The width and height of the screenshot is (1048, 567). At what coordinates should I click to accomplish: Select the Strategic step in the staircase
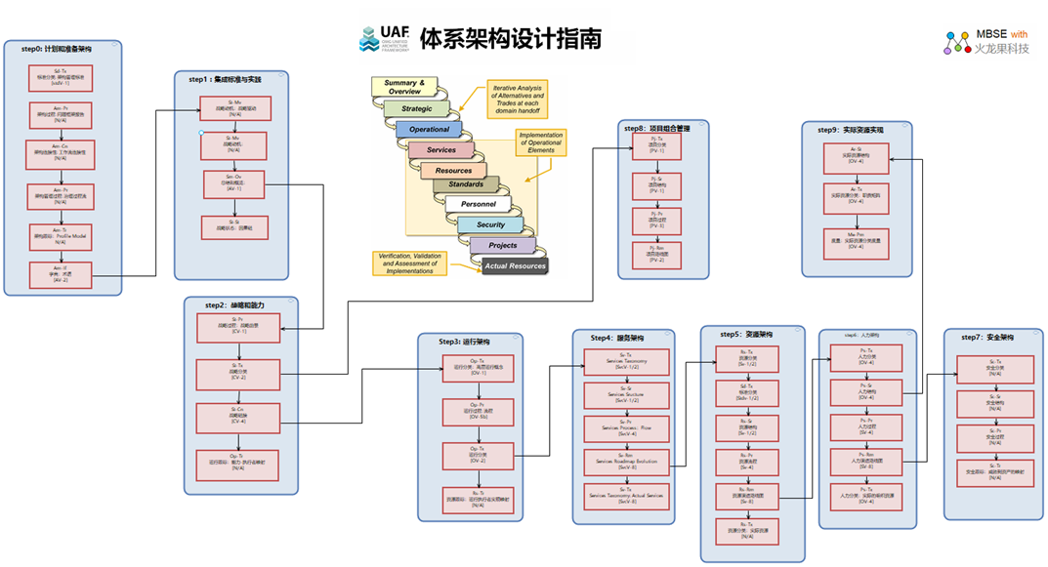tap(417, 108)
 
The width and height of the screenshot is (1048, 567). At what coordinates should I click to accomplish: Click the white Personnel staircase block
tap(479, 204)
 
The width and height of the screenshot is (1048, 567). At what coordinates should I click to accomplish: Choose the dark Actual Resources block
tap(515, 265)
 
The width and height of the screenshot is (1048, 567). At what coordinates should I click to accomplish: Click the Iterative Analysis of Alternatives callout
tap(518, 100)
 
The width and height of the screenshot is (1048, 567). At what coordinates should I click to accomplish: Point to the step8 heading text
tap(662, 128)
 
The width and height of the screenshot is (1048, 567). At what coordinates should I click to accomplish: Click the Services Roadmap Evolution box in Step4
tap(627, 462)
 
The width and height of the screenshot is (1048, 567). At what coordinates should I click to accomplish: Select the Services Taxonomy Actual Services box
tap(627, 496)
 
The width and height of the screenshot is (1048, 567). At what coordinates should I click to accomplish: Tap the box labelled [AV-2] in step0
tap(61, 273)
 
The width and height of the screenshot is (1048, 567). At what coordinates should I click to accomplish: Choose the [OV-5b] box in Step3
tap(478, 412)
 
